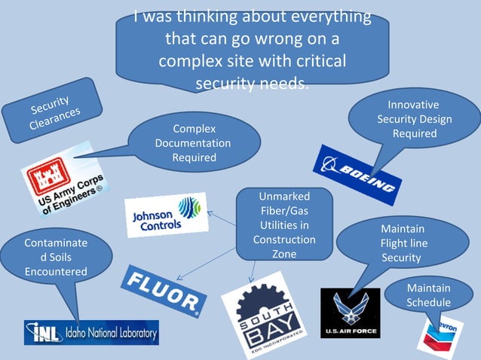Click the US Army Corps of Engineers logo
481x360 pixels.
click(62, 181)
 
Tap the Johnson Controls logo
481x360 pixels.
click(167, 215)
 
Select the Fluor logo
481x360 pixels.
click(164, 290)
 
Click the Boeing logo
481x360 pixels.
click(357, 175)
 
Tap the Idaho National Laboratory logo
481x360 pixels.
click(91, 332)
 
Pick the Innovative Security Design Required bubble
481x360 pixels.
click(414, 119)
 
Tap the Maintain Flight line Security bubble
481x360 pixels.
click(403, 243)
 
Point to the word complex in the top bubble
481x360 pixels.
click(189, 60)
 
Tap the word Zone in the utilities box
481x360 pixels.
click(284, 254)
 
